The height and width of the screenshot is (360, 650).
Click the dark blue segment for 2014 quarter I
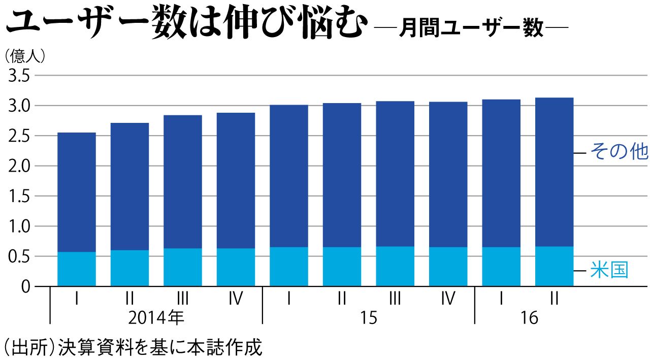tap(77, 192)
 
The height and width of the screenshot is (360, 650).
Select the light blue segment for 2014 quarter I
tap(77, 269)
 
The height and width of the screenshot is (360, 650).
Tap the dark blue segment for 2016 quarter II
tap(554, 172)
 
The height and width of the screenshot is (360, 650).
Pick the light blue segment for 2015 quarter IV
tap(448, 267)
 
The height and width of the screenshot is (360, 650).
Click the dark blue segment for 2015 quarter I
tap(289, 176)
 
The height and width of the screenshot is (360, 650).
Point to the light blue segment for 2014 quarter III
tap(183, 267)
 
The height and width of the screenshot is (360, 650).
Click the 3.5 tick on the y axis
tap(18, 76)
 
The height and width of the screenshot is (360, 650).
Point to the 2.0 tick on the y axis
tap(18, 167)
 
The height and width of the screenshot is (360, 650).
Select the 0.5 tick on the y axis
tap(18, 257)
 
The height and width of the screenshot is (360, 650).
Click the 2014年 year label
tap(156, 318)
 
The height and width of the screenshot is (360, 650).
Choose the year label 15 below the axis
tap(369, 318)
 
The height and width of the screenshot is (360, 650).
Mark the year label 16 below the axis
tap(529, 318)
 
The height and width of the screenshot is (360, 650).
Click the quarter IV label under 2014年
tap(236, 298)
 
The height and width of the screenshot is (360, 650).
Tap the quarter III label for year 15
tap(395, 298)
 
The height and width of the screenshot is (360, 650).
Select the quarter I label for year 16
tap(501, 298)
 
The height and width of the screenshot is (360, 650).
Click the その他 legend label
tap(619, 152)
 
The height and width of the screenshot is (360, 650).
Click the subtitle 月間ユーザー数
tap(471, 28)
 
